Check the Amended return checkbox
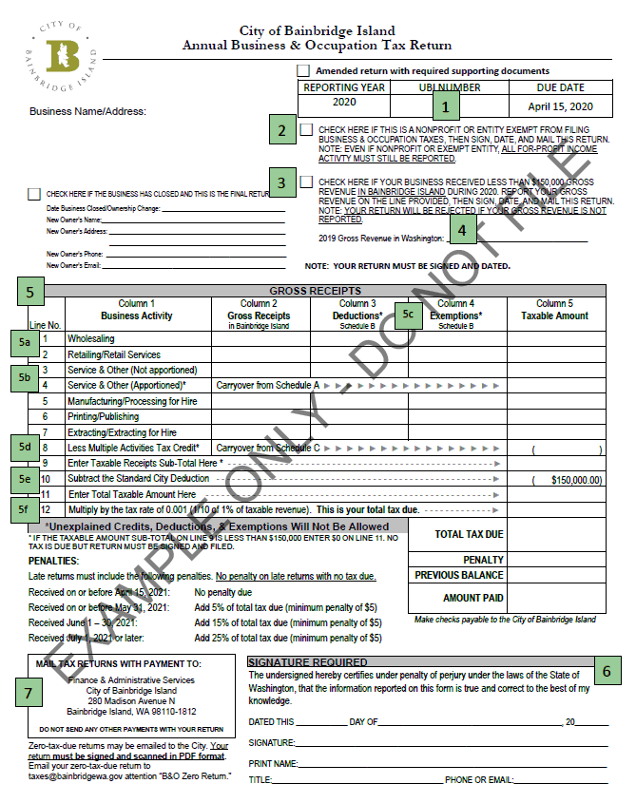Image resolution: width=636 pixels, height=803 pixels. click(303, 70)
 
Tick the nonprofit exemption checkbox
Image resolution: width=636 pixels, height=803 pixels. click(306, 129)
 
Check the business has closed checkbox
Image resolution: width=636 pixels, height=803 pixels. click(34, 193)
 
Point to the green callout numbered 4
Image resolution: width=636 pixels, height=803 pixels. click(461, 228)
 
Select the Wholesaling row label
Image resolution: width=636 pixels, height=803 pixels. click(90, 338)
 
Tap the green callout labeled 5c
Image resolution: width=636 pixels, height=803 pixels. click(409, 313)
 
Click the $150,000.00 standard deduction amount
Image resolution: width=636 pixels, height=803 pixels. click(576, 480)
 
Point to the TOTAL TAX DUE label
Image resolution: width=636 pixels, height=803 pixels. click(469, 535)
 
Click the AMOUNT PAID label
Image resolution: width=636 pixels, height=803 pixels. click(472, 598)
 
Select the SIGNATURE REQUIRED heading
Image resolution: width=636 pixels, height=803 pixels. click(307, 662)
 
